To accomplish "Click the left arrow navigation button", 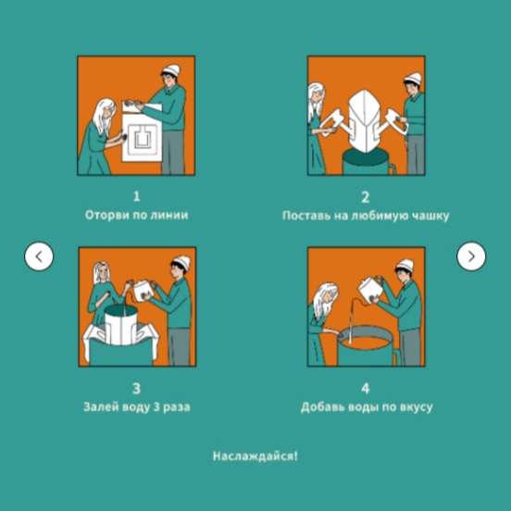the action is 39,256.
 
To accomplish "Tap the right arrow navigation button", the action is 471,256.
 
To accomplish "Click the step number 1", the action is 137,196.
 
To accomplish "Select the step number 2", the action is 366,197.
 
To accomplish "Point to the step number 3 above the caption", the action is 137,389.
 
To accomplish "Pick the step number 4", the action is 366,389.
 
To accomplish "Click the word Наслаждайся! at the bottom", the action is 255,456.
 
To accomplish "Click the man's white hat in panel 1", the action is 171,70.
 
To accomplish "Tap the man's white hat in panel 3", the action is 181,262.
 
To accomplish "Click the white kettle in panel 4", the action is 370,290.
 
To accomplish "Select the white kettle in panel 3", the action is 143,290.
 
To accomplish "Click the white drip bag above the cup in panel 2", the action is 365,120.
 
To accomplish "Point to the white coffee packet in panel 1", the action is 142,133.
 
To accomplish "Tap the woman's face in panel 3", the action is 103,274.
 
